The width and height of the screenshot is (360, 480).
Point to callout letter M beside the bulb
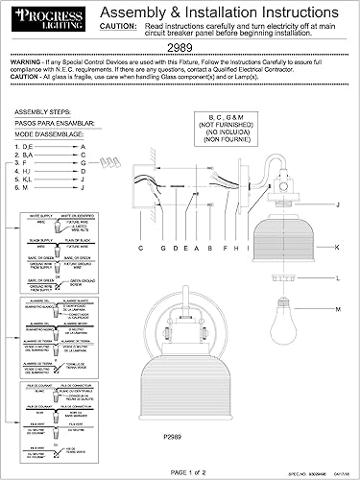(338, 308)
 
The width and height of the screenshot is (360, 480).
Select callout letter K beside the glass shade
(338, 247)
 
